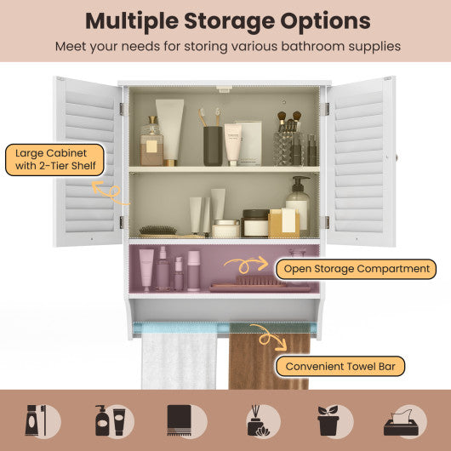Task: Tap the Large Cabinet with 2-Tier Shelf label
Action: pyautogui.click(x=54, y=161)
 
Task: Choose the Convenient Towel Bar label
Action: pyautogui.click(x=340, y=367)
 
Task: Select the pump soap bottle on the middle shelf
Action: pyautogui.click(x=297, y=207)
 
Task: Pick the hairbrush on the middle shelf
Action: pyautogui.click(x=157, y=230)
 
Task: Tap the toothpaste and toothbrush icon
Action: pyautogui.click(x=43, y=420)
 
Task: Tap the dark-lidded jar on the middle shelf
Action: pyautogui.click(x=255, y=223)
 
